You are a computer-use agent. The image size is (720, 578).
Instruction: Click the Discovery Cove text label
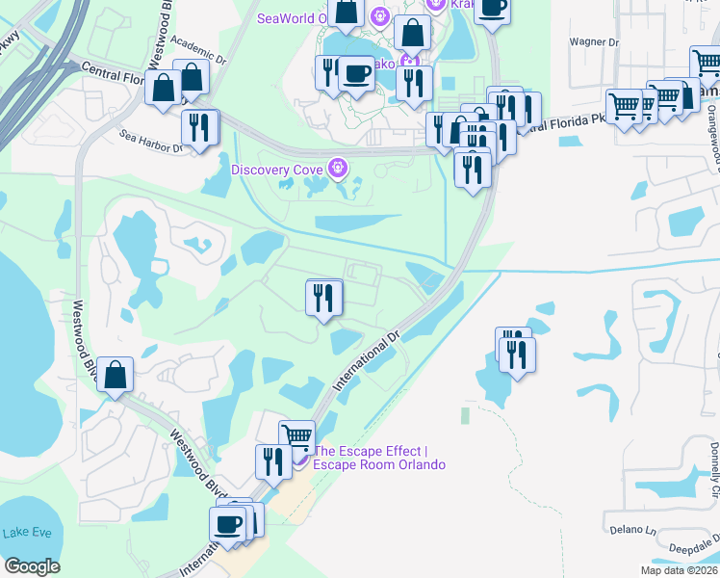pos(278,170)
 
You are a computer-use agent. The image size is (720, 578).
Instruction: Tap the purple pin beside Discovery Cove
pos(337,169)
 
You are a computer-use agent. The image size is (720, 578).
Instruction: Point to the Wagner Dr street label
pos(594,42)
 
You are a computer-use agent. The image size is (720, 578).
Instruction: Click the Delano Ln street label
pos(631,530)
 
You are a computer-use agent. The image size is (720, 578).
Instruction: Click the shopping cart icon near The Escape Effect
pos(296,438)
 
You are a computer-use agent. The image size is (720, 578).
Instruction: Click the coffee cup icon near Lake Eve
pos(228,525)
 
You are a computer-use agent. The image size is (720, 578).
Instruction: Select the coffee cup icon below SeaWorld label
pos(356,73)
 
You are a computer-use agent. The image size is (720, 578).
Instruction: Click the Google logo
pos(32,566)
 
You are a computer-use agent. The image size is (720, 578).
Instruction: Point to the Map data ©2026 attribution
pos(680,570)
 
